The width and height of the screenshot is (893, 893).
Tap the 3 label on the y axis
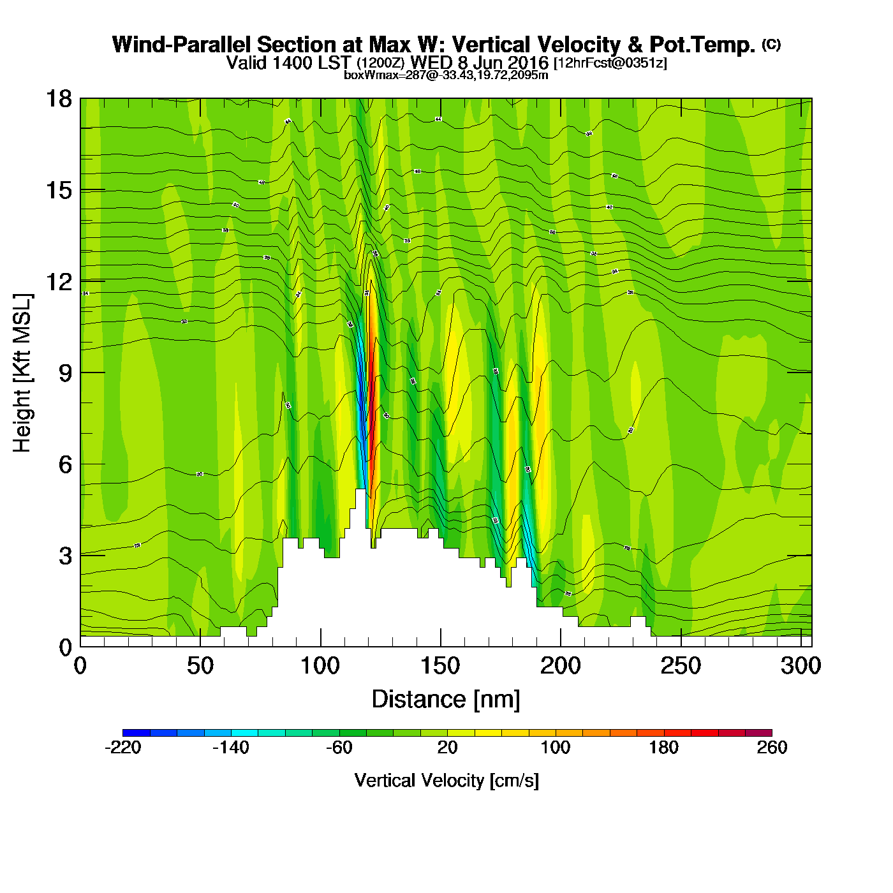(65, 556)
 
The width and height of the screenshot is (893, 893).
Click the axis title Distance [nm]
(446, 700)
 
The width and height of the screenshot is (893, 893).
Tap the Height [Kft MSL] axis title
(22, 373)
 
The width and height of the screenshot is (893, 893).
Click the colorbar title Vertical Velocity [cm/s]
(447, 780)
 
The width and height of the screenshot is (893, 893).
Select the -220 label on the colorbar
(122, 748)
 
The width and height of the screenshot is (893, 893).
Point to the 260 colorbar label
(772, 748)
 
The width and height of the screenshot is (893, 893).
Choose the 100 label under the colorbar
(556, 748)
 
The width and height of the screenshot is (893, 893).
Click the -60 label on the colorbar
(339, 748)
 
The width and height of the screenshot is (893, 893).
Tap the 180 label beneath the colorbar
(663, 748)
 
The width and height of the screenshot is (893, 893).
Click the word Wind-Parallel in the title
(182, 45)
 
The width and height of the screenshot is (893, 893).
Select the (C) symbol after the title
(771, 44)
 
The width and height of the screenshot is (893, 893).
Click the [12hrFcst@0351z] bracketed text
(610, 63)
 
